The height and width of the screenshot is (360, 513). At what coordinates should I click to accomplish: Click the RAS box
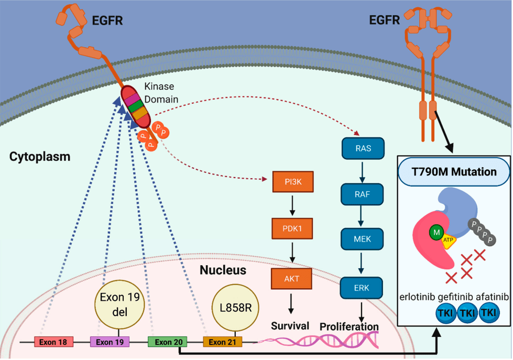point(363,148)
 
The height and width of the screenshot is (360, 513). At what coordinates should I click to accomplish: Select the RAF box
point(362,194)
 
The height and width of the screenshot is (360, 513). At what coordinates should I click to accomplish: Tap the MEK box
point(362,239)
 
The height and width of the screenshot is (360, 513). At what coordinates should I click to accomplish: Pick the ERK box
point(362,288)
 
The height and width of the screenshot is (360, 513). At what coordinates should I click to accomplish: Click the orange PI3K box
point(293,182)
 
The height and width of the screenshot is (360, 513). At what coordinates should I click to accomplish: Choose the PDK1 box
point(292,228)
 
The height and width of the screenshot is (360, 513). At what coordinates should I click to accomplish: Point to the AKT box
point(291,279)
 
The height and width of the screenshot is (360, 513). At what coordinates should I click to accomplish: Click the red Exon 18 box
point(53,342)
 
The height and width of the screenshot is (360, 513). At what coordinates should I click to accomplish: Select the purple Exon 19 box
point(110,342)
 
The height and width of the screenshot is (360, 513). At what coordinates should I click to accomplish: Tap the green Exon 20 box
point(168,342)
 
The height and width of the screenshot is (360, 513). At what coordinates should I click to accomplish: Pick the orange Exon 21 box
point(223,342)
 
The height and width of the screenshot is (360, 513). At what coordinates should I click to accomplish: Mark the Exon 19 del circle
point(120,304)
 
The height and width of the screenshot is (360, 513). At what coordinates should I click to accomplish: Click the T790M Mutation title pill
point(454,172)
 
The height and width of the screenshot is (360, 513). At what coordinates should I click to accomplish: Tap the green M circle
point(436,232)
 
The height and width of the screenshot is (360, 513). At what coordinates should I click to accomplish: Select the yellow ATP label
point(448,241)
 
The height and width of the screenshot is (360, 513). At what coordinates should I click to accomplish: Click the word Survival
point(290,326)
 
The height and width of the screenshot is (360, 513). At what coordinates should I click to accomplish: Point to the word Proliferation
point(349,326)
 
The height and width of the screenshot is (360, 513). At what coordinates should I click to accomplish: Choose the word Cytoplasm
point(40,157)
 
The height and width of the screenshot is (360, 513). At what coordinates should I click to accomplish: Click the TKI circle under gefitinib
point(467,313)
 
